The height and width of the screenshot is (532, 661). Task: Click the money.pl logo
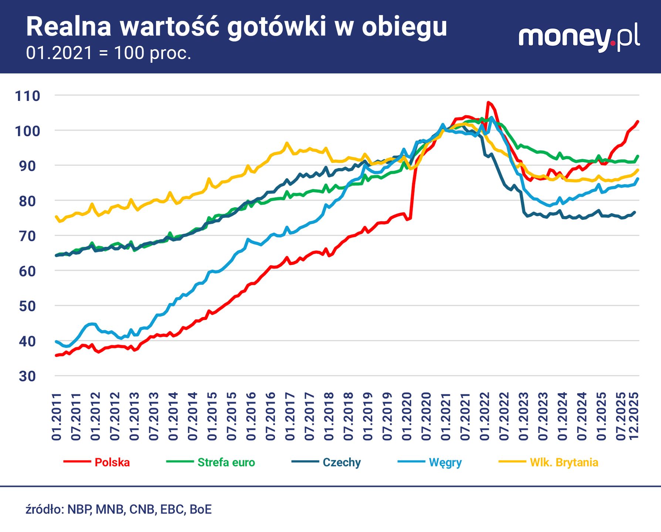click(579, 38)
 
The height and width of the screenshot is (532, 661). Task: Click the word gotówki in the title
click(277, 27)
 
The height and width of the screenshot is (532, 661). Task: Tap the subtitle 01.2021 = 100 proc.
click(109, 53)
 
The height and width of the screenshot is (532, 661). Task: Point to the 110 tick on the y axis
click(27, 96)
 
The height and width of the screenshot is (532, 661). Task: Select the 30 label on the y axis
click(27, 376)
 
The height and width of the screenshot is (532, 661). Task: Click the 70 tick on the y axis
click(27, 236)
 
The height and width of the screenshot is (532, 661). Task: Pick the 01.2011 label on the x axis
click(57, 416)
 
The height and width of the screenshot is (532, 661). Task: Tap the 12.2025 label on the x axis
click(634, 416)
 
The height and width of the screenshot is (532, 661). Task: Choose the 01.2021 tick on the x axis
click(446, 416)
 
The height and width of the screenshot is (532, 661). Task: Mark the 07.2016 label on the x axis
click(271, 416)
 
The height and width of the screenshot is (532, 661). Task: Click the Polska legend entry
click(112, 463)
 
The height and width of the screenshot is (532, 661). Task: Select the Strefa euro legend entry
click(226, 463)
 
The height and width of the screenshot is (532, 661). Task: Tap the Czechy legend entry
click(341, 463)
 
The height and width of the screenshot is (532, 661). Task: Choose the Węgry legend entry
click(445, 463)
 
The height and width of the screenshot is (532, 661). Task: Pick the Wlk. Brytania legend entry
click(564, 463)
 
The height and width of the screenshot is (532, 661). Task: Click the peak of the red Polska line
click(488, 102)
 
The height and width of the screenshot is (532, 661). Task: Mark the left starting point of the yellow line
click(56, 217)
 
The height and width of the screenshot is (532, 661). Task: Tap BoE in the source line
click(201, 509)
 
